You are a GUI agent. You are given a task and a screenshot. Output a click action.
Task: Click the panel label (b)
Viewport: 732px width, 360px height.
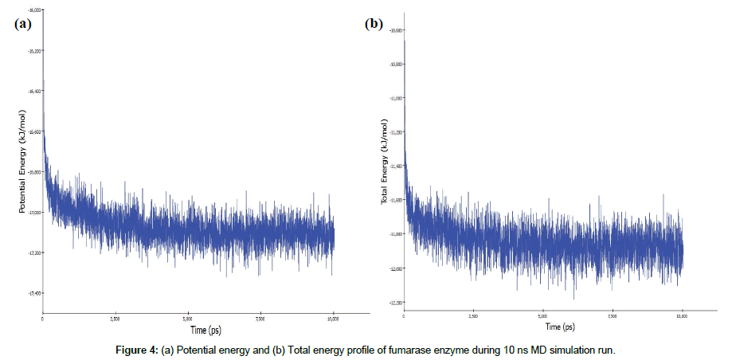click(x=374, y=23)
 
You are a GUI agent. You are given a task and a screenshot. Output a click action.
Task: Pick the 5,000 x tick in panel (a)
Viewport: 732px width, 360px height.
click(x=188, y=317)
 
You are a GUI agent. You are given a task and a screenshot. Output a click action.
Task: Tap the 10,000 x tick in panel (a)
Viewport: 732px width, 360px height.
click(x=333, y=317)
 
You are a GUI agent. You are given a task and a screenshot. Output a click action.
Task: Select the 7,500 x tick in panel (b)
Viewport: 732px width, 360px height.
click(x=612, y=317)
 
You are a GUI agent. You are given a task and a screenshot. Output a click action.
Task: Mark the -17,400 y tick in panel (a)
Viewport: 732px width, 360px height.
click(x=34, y=293)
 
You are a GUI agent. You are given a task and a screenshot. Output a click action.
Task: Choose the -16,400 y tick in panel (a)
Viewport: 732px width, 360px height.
click(x=34, y=91)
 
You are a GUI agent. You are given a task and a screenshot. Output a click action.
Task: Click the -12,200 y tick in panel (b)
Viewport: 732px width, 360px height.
click(x=396, y=303)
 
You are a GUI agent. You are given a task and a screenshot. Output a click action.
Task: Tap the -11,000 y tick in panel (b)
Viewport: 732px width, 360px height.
click(x=396, y=98)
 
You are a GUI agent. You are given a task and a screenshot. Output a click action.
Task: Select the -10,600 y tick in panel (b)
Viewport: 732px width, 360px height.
click(x=396, y=30)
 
